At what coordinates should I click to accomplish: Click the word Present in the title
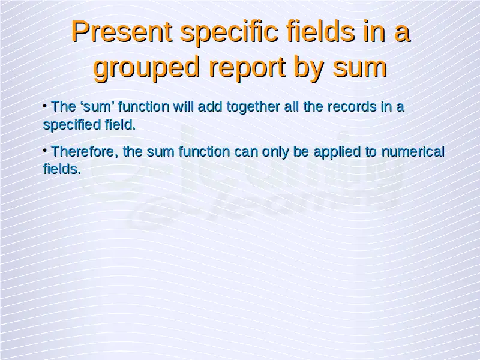pos(122,32)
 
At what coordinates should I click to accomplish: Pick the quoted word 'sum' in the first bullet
pos(97,107)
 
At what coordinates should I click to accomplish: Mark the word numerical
pos(413,152)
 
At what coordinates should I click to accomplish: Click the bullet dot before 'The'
pos(45,106)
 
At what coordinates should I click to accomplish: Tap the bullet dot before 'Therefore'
pos(45,151)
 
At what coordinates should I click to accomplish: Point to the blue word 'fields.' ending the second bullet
pos(62,169)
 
